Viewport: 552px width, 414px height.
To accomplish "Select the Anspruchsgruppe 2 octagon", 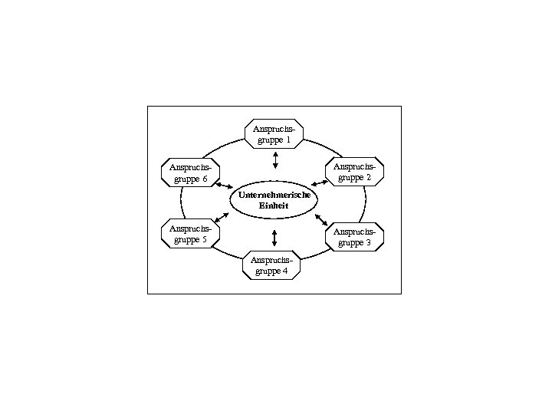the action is click(355, 172).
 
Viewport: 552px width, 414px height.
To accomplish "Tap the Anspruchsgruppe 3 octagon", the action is click(354, 237).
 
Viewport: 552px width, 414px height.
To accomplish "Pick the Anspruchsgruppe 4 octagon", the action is click(272, 265).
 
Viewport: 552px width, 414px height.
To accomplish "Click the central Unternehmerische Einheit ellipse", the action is click(274, 201).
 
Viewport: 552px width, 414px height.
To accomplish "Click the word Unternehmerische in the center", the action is click(274, 195).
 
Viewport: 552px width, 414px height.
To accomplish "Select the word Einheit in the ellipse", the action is click(274, 206).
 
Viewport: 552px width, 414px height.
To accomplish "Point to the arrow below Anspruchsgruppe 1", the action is click(275, 160).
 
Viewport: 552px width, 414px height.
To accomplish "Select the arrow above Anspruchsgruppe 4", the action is click(274, 237).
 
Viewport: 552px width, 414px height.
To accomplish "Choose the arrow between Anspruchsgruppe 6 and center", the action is click(224, 186).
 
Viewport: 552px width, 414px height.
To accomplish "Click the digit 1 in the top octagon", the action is click(288, 141).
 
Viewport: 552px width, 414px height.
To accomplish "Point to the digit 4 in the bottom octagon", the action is click(285, 271).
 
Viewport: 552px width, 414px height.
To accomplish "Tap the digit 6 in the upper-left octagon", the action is click(205, 179).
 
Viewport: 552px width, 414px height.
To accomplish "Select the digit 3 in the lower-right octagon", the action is click(369, 243).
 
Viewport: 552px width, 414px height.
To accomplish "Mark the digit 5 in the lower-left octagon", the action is click(205, 240).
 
